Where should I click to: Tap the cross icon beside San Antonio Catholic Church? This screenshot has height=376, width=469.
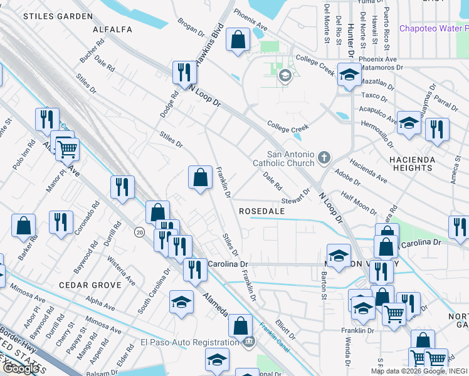click(x=324, y=157)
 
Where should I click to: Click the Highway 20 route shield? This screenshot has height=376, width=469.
click(x=140, y=232)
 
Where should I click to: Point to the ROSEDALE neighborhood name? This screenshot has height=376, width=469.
click(x=262, y=212)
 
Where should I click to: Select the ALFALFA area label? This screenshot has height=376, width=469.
click(x=112, y=29)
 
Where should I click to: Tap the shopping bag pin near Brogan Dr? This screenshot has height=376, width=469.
click(x=238, y=39)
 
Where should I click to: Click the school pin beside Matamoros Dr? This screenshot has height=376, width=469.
click(x=349, y=75)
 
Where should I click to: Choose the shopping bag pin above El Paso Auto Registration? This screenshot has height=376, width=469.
click(x=240, y=325)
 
